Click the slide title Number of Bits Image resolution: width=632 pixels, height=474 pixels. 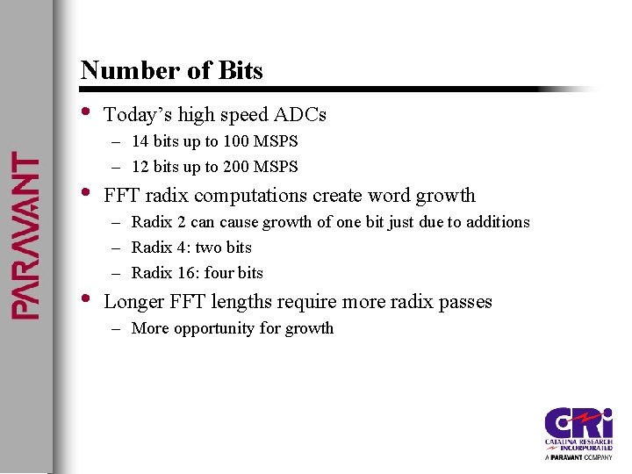click(x=171, y=70)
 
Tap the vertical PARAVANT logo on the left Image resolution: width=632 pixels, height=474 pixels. click(x=24, y=235)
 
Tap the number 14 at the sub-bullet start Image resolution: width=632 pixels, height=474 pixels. click(x=140, y=141)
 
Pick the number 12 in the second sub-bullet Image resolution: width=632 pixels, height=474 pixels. click(x=140, y=167)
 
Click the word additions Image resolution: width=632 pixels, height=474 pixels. click(x=499, y=222)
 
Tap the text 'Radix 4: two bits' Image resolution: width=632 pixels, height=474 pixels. click(x=191, y=248)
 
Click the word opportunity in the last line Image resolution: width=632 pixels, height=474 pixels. click(x=216, y=328)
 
